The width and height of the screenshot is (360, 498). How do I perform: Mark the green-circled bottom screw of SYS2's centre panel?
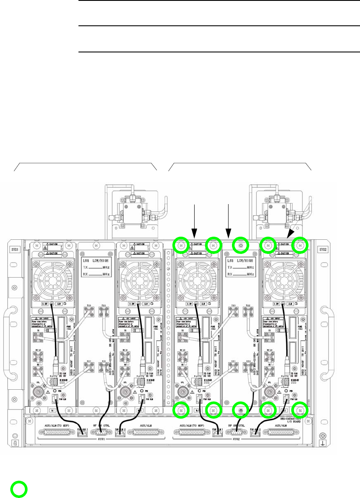click(x=241, y=410)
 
